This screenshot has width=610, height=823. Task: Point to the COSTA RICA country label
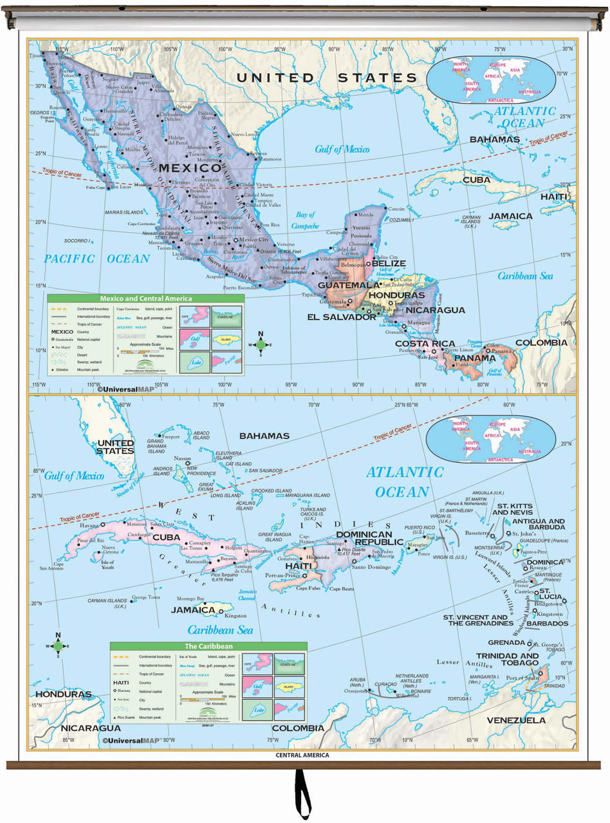pyautogui.click(x=425, y=343)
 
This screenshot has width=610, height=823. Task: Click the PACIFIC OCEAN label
pyautogui.click(x=97, y=258)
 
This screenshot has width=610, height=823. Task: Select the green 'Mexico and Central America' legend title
pyautogui.click(x=145, y=298)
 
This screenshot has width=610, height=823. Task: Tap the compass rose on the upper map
pyautogui.click(x=261, y=343)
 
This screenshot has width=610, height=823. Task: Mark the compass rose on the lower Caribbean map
pyautogui.click(x=58, y=646)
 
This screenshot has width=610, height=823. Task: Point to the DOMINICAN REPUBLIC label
pyautogui.click(x=364, y=538)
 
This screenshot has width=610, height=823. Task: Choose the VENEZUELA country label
pyautogui.click(x=515, y=720)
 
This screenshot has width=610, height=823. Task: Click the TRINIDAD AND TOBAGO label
pyautogui.click(x=507, y=659)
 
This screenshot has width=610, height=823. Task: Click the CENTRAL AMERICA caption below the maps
pyautogui.click(x=302, y=755)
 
